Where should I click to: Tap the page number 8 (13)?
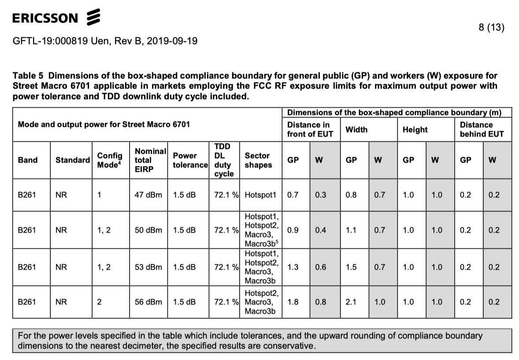click(491, 27)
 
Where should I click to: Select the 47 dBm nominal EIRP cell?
click(148, 195)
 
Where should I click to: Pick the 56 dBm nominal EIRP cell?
click(148, 302)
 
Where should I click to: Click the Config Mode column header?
click(110, 160)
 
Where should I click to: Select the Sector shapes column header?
click(258, 160)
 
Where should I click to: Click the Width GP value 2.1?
click(351, 302)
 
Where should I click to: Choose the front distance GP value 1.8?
click(293, 302)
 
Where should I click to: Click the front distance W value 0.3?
click(321, 195)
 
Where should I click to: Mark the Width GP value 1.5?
click(351, 267)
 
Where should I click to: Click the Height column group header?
click(415, 130)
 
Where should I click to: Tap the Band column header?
click(28, 160)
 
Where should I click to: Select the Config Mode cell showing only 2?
click(99, 302)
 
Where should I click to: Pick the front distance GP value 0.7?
click(293, 195)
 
